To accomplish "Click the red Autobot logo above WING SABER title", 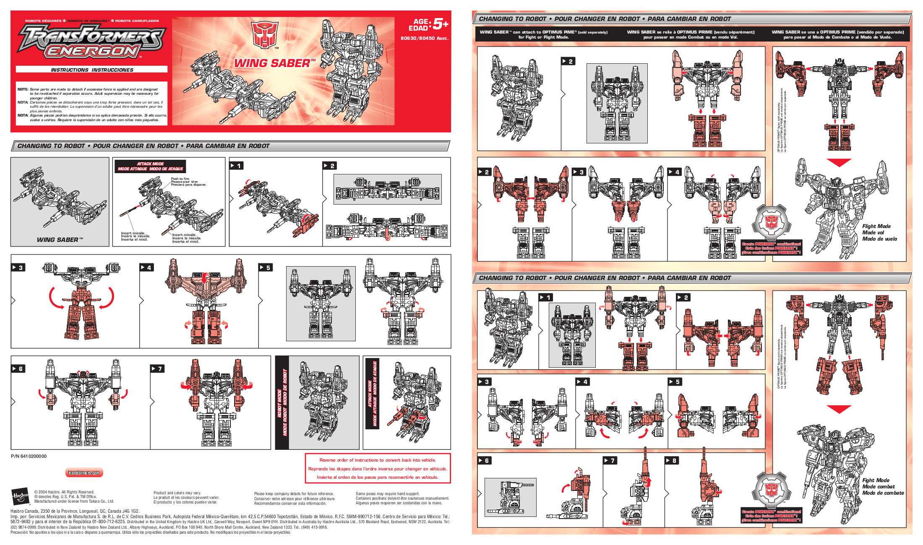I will pyautogui.click(x=265, y=35).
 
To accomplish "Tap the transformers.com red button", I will pyautogui.click(x=84, y=473).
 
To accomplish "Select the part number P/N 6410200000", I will pyautogui.click(x=29, y=456).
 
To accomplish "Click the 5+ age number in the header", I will pyautogui.click(x=440, y=24).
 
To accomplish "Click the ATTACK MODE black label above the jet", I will pyautogui.click(x=150, y=166).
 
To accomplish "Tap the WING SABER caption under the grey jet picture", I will pyautogui.click(x=60, y=240).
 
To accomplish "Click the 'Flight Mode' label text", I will pyautogui.click(x=876, y=226).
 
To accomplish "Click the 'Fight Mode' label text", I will pyautogui.click(x=876, y=480).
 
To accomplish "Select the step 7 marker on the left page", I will pyautogui.click(x=157, y=369).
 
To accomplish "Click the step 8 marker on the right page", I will pyautogui.click(x=672, y=460).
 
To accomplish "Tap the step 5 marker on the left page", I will pyautogui.click(x=266, y=267).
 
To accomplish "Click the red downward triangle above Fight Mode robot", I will pyautogui.click(x=839, y=409).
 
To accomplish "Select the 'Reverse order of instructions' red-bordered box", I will pyautogui.click(x=378, y=468).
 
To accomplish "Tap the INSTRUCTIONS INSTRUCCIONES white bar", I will pyautogui.click(x=91, y=70).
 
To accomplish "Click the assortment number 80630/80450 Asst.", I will pyautogui.click(x=424, y=38).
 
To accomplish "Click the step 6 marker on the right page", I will pyautogui.click(x=484, y=460).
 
